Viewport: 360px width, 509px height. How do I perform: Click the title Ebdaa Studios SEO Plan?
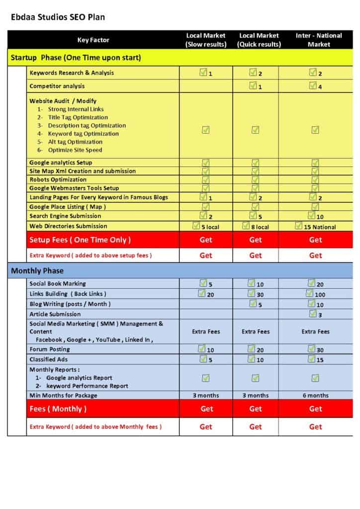(58, 17)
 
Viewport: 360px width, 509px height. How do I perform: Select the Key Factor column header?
(93, 40)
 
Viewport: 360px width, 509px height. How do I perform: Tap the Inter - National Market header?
(318, 40)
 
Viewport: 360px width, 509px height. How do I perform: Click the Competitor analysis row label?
(57, 86)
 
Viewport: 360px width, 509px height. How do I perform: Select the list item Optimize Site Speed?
(75, 150)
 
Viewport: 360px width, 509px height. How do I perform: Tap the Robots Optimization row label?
(58, 179)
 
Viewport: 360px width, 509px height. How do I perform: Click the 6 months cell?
(315, 396)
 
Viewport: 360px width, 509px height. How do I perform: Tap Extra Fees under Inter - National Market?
(315, 332)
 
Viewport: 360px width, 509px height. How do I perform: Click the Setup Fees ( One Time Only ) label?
(80, 240)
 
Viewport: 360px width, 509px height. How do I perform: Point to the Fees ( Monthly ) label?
(58, 409)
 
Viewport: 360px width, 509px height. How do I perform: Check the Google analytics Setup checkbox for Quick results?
(255, 163)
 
